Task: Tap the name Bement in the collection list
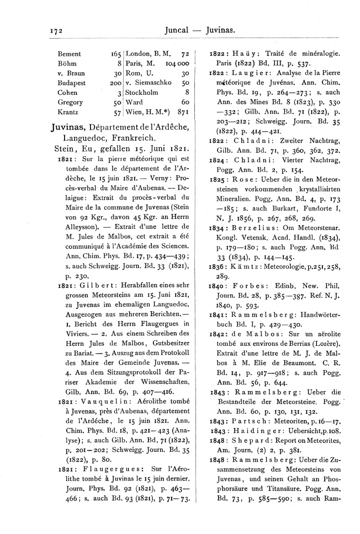point(69,54)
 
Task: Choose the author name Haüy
point(239,54)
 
